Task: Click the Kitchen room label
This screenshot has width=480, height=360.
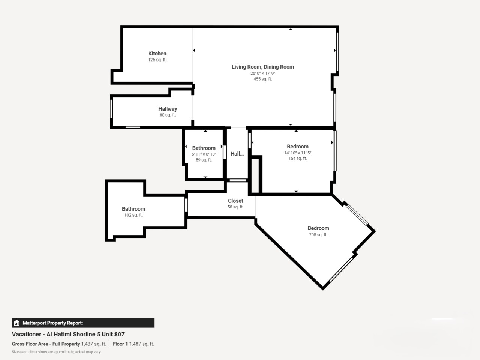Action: pos(157,54)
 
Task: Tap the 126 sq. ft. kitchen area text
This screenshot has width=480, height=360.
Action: pos(157,60)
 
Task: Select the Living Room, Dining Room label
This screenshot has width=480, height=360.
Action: pos(263,67)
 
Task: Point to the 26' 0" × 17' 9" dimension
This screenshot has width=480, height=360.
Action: pos(263,73)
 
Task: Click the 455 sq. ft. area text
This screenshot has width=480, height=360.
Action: pos(263,79)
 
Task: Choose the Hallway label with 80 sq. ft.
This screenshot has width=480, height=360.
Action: pos(168,109)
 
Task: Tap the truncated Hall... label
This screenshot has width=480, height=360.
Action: pos(237,154)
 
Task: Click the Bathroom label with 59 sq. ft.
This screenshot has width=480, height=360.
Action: pos(204,148)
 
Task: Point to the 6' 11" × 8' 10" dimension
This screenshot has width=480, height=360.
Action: pos(204,154)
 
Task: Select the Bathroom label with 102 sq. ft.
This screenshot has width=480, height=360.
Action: pos(133,209)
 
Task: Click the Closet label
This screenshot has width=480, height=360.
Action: pos(235,201)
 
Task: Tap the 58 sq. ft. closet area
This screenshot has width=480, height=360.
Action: pos(235,207)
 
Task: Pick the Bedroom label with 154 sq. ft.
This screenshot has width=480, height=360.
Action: pos(298,147)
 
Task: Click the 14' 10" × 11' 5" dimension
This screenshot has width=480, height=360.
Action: pos(298,153)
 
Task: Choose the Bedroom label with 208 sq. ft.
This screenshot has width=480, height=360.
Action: pos(318,228)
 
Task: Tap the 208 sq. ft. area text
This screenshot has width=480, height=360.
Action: pos(318,234)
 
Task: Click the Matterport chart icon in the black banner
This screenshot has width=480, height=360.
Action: pos(17,323)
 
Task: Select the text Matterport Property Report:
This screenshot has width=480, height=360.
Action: pos(53,323)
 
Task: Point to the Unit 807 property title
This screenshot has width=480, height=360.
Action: pos(68,334)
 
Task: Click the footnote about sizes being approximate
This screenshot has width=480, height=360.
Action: pos(56,352)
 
